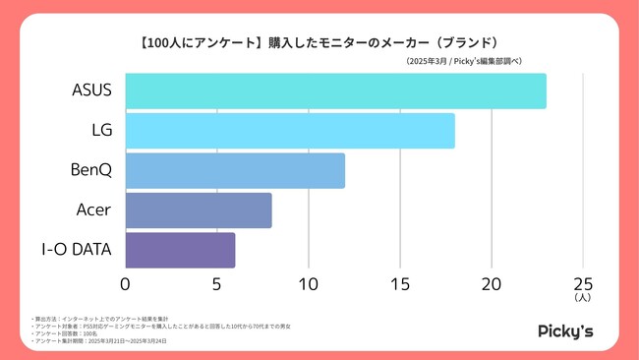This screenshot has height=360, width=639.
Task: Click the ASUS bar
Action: [335, 90]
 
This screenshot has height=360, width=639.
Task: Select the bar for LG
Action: [290, 131]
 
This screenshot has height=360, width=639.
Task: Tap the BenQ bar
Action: [235, 170]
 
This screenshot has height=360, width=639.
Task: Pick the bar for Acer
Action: [199, 210]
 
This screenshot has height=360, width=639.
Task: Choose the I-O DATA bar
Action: [180, 250]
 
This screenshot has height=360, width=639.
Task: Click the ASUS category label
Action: [91, 90]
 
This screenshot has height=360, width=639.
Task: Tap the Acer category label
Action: [94, 210]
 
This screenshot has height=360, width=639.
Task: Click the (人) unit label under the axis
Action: [583, 296]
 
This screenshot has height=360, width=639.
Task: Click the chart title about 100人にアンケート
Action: [319, 42]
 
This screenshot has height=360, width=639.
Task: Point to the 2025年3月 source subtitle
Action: [462, 62]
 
